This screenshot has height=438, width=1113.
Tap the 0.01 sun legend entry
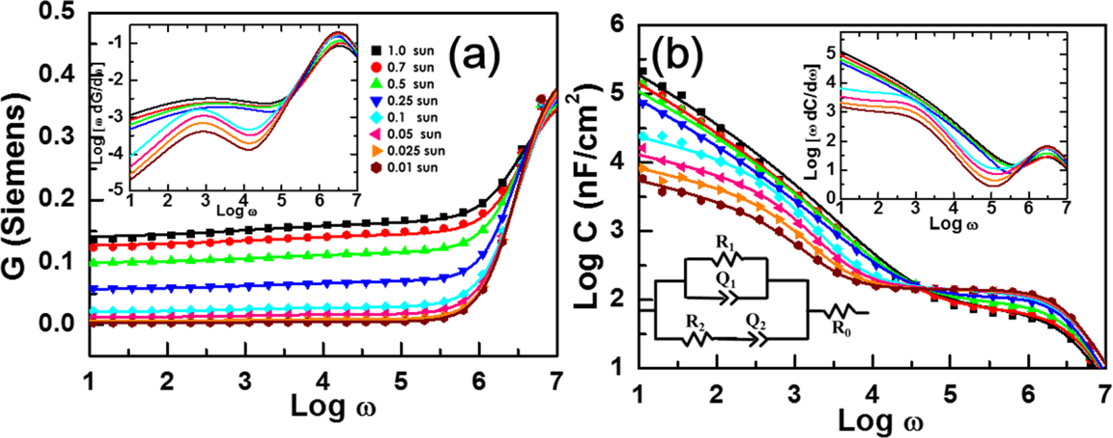(x=405, y=167)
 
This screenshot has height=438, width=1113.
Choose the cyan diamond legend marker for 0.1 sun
(x=376, y=117)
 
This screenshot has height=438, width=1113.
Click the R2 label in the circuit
(x=694, y=321)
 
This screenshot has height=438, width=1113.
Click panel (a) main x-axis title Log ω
(x=332, y=406)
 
